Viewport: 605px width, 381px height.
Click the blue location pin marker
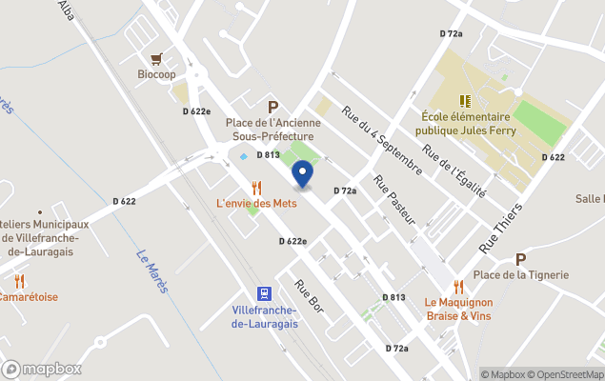pyautogui.click(x=302, y=175)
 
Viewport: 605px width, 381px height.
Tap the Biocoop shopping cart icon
pyautogui.click(x=156, y=58)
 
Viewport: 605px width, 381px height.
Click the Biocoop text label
pyautogui.click(x=156, y=74)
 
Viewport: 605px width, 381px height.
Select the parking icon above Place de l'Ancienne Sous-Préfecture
pyautogui.click(x=272, y=108)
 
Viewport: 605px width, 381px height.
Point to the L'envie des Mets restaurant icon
pyautogui.click(x=256, y=188)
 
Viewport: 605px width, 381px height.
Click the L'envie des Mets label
pyautogui.click(x=256, y=203)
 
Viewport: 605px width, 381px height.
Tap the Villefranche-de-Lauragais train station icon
pyautogui.click(x=264, y=294)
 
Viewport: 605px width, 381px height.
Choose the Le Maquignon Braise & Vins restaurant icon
pyautogui.click(x=458, y=286)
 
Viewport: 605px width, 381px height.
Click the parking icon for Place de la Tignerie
pyautogui.click(x=520, y=259)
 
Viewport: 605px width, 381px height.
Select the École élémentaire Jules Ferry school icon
pyautogui.click(x=465, y=101)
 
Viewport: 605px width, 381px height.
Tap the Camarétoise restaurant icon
pyautogui.click(x=20, y=281)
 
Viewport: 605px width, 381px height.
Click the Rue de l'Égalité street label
pyautogui.click(x=454, y=170)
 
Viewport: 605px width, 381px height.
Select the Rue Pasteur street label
pyautogui.click(x=395, y=200)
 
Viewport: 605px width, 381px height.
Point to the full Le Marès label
pyautogui.click(x=151, y=271)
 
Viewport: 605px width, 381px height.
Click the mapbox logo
pyautogui.click(x=42, y=369)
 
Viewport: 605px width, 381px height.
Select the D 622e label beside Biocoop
pyautogui.click(x=196, y=111)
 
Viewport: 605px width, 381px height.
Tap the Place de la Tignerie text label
pyautogui.click(x=521, y=275)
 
